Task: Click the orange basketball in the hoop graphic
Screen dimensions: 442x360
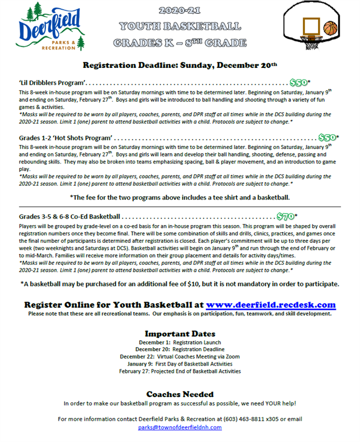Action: (x=330, y=28)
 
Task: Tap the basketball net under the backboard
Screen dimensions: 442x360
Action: (x=313, y=42)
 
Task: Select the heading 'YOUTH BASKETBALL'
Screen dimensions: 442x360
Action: (x=180, y=26)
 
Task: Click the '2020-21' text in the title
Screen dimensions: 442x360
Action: (x=179, y=11)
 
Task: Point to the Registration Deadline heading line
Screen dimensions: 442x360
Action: (x=180, y=64)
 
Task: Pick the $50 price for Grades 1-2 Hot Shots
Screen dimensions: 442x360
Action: (x=327, y=138)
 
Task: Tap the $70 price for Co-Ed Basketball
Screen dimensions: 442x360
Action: (x=286, y=216)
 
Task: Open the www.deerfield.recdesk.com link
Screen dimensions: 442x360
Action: (x=270, y=305)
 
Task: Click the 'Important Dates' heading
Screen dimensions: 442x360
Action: (x=179, y=334)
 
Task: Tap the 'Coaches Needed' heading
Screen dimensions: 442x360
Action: (x=179, y=394)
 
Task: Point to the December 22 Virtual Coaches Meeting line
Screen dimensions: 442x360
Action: (x=179, y=357)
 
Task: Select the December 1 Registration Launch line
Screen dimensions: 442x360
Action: (x=179, y=342)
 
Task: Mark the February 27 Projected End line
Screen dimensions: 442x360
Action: (x=179, y=371)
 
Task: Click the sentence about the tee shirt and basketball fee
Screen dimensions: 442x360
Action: (x=179, y=197)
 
